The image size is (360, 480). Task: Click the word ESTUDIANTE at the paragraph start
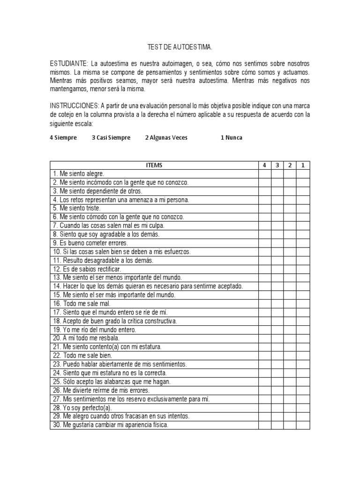(68, 63)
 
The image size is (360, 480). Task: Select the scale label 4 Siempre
(63, 138)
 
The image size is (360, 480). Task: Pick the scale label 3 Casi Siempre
(111, 138)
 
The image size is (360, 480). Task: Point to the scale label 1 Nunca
(232, 138)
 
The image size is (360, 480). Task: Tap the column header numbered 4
(264, 165)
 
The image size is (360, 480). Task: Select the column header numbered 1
(303, 165)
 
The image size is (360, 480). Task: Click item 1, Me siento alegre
(78, 173)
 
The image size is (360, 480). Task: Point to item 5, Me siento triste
(77, 208)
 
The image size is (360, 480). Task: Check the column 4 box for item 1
(264, 173)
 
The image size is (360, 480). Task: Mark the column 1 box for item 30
(303, 425)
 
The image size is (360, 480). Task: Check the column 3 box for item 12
(277, 269)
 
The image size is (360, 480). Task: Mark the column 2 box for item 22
(290, 355)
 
